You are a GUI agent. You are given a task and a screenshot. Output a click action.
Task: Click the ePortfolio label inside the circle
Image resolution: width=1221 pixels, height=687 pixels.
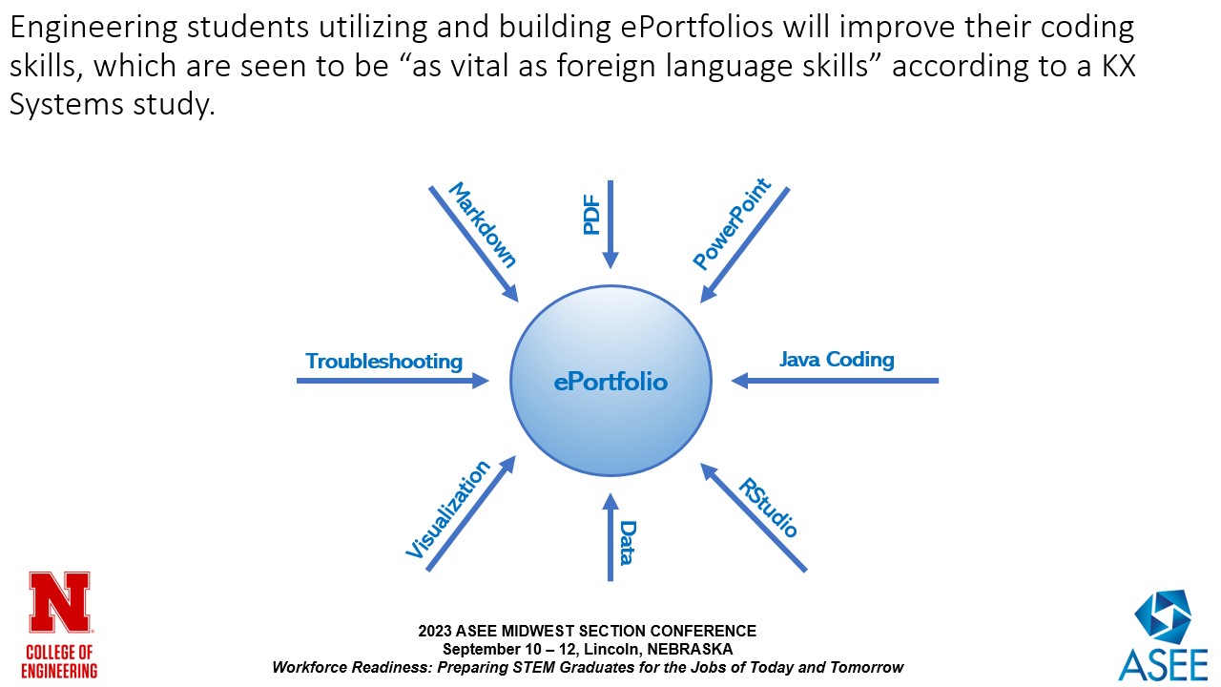(x=610, y=383)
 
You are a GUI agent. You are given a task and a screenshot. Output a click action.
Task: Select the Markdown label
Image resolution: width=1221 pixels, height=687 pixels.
(x=482, y=225)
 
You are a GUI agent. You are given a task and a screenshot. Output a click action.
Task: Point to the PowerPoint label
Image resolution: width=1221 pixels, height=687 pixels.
(x=732, y=226)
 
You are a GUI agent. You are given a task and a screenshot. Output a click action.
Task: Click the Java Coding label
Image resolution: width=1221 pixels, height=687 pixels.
(x=837, y=360)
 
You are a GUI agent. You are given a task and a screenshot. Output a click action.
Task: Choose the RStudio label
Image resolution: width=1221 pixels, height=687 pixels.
(x=768, y=508)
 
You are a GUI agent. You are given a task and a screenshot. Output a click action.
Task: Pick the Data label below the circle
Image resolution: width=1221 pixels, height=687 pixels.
(x=627, y=542)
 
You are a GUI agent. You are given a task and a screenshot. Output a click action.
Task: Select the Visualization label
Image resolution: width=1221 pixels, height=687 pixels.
(x=448, y=510)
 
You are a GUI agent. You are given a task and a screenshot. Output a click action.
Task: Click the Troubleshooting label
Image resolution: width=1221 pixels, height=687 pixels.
(x=383, y=362)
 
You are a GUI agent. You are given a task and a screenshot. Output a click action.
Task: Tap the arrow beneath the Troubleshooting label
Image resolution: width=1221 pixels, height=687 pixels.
(x=392, y=381)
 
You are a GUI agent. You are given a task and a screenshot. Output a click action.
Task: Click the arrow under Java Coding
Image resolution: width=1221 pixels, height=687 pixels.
(x=835, y=381)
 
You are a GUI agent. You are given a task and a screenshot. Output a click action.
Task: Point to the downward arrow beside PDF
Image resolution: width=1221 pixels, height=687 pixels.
(x=610, y=224)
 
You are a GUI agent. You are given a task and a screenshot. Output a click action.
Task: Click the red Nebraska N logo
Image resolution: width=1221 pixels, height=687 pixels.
(x=60, y=603)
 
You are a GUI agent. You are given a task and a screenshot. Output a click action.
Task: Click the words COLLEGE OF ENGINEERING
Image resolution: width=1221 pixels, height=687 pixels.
(x=60, y=660)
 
